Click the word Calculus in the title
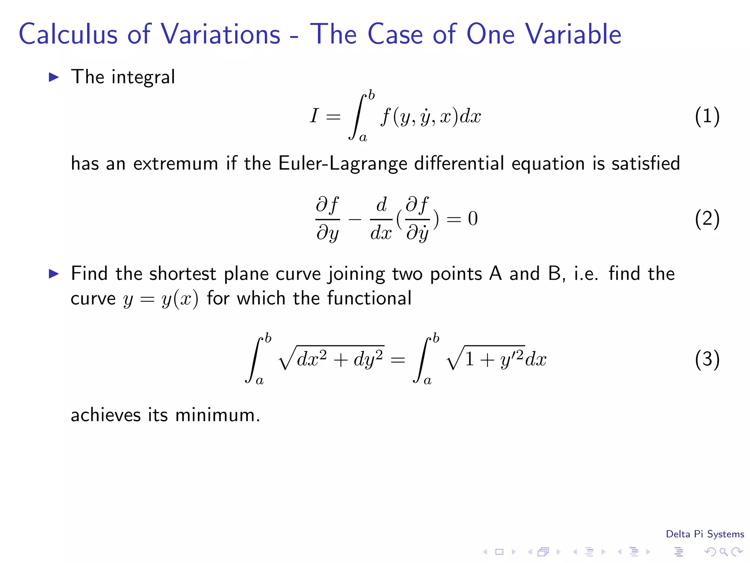pos(68,34)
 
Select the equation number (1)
pos(707,117)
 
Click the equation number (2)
pos(707,219)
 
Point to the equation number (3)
pos(707,359)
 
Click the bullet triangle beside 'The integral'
pos(54,77)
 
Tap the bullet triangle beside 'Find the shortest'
pos(54,274)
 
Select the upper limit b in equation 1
pos(371,96)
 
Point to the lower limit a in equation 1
pos(363,138)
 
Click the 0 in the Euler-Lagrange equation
pos(473,219)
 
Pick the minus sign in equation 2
pos(355,220)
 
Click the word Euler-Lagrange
pos(342,163)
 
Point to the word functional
pos(369,298)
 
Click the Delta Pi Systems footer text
pos(705,534)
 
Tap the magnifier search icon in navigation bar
pos(723,552)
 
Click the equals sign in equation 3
pos(398,360)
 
